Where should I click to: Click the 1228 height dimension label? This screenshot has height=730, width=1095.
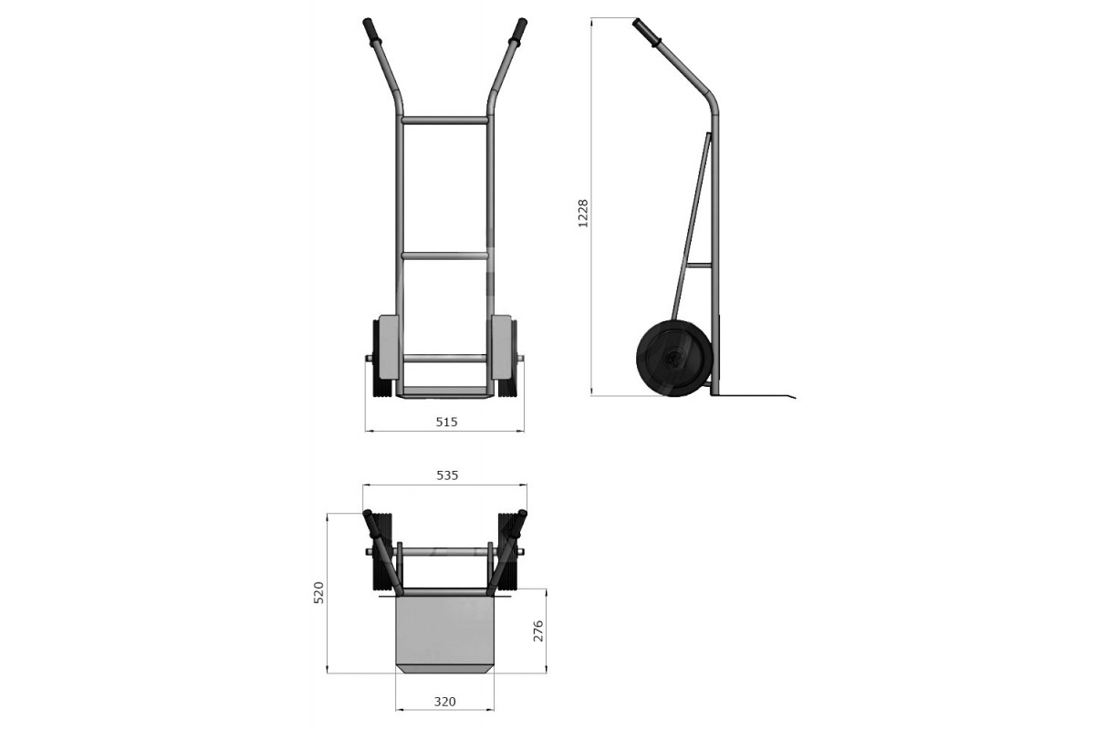point(583,214)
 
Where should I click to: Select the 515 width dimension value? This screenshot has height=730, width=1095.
point(446,422)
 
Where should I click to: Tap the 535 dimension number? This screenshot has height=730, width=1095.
point(447,475)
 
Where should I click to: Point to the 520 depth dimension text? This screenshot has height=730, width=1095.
point(318,592)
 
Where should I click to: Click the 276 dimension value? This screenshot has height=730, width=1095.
point(537,631)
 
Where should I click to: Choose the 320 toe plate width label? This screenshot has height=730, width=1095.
point(445,702)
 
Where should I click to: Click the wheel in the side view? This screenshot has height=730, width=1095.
point(674,359)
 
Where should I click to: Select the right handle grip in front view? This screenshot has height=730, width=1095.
point(518,30)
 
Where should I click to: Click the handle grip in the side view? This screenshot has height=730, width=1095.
point(647,32)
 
